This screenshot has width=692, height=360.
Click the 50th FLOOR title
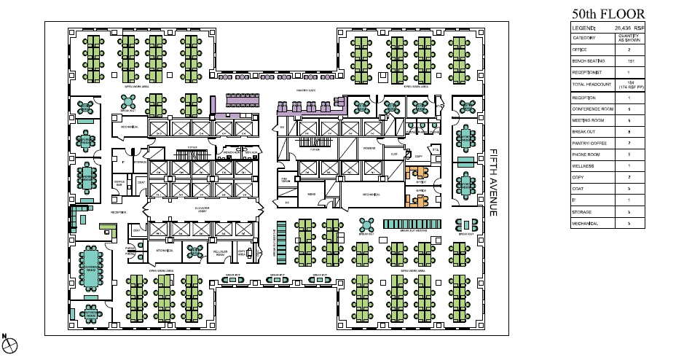pos(608,14)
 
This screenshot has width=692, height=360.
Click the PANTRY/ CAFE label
pos(305,90)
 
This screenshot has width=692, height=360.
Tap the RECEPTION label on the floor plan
pos(118,212)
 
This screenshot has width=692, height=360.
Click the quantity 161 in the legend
pos(628,61)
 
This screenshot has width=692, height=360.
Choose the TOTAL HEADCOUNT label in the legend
pos(591,85)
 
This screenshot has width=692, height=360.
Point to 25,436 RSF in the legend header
pos(629,27)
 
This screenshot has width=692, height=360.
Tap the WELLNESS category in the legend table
pos(584,166)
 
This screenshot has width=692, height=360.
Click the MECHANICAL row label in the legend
pos(587,223)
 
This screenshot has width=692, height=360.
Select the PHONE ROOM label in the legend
pos(586,155)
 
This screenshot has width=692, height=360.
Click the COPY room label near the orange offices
pos(418,157)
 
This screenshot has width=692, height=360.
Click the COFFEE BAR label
pos(120,183)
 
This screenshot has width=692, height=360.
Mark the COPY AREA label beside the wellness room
pos(240,252)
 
